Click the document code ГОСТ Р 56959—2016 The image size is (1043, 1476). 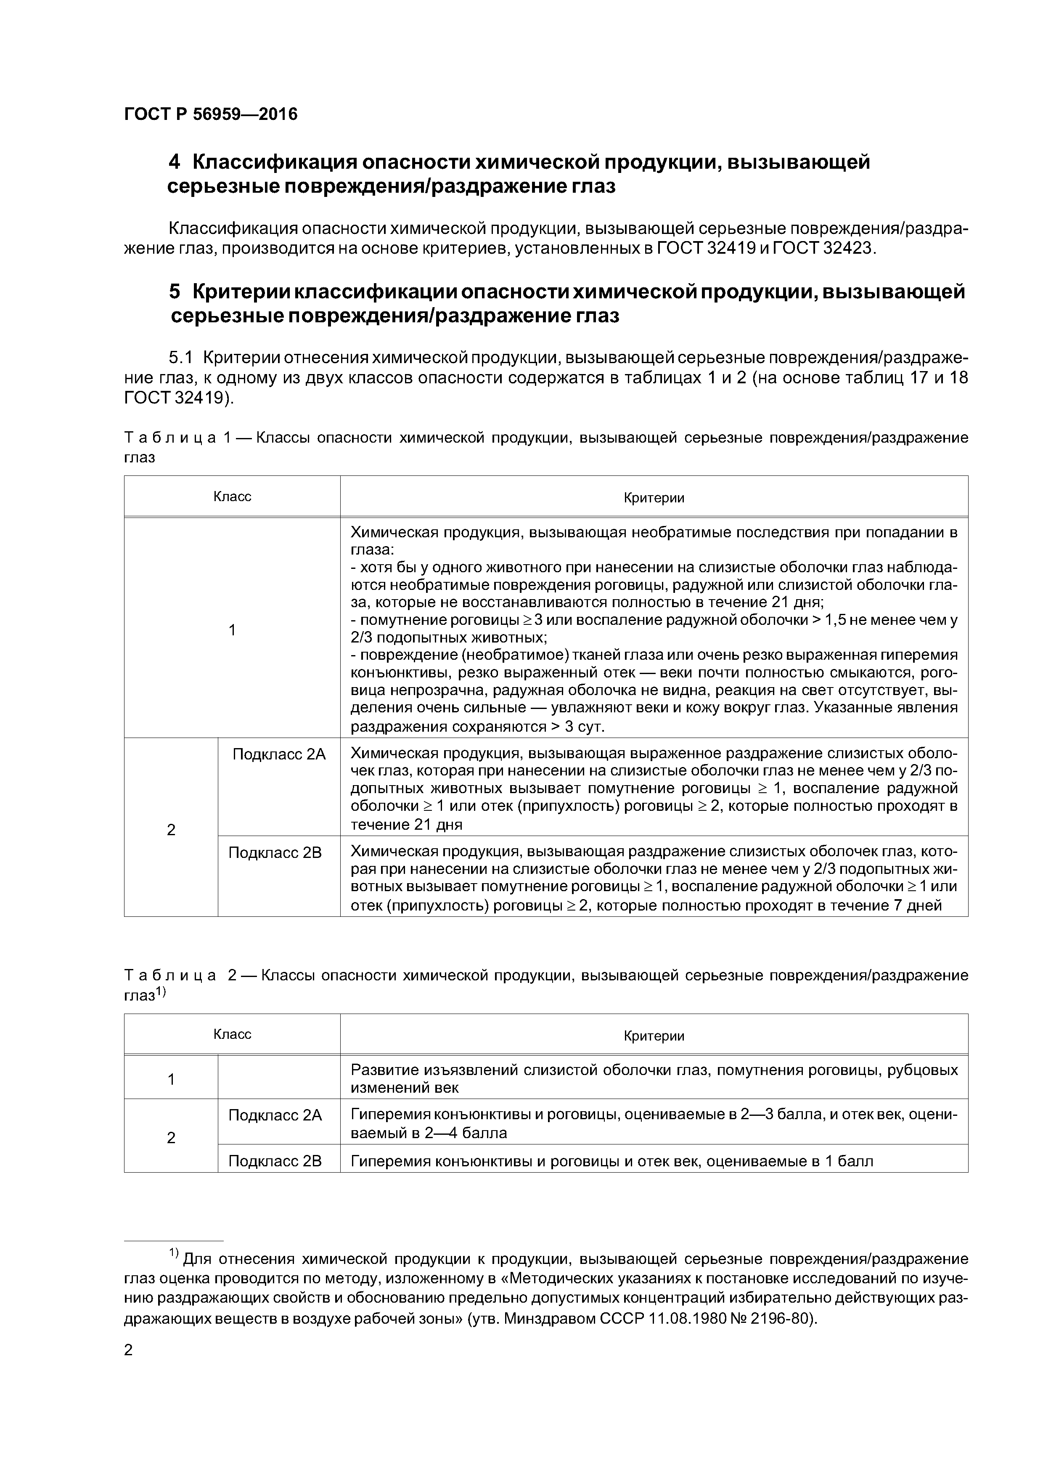pyautogui.click(x=211, y=114)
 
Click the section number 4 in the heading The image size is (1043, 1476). pyautogui.click(x=174, y=162)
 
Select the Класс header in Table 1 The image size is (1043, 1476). pyautogui.click(x=232, y=496)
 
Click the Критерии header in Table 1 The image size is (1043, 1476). pyautogui.click(x=654, y=498)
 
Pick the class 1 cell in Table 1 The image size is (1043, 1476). pyautogui.click(x=232, y=629)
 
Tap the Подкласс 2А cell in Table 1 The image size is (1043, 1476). pyautogui.click(x=279, y=754)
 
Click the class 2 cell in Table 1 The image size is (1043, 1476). pyautogui.click(x=171, y=830)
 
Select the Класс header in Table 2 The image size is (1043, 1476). pyautogui.click(x=232, y=1034)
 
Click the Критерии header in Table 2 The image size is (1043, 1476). pyautogui.click(x=654, y=1035)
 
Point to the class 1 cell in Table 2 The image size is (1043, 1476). pyautogui.click(x=171, y=1079)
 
